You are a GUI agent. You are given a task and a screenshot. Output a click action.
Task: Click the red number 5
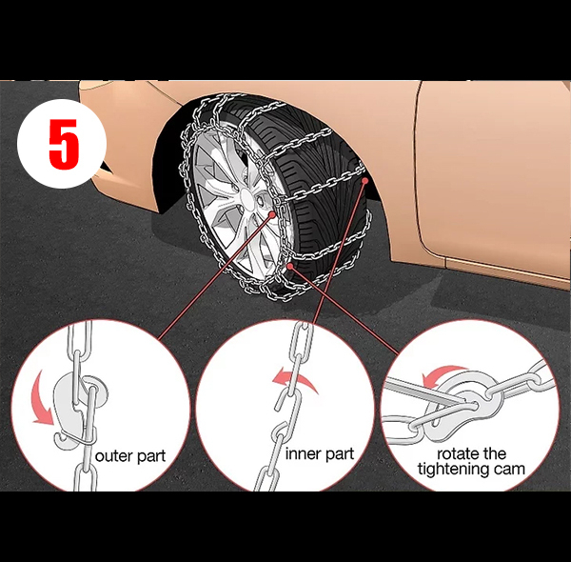[64, 145]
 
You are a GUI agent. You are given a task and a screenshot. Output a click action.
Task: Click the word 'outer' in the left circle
[112, 455]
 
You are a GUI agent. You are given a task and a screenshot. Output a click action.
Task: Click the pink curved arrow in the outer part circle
[42, 398]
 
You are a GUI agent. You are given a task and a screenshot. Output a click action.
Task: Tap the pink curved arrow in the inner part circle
[295, 381]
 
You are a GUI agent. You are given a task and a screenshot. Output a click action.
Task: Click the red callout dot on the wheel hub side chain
[272, 214]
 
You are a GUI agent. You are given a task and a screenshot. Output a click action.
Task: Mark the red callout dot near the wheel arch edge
[364, 180]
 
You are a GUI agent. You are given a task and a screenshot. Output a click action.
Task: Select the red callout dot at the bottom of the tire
[290, 266]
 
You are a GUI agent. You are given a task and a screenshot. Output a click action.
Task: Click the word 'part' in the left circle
[150, 457]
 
